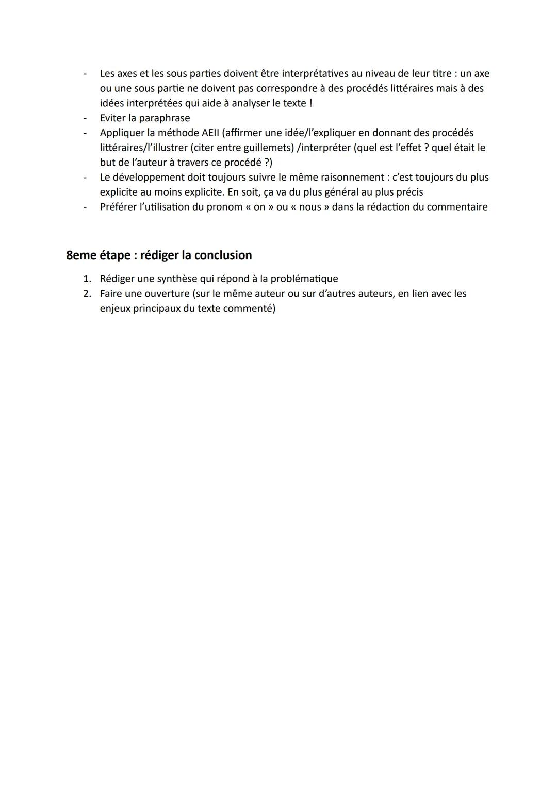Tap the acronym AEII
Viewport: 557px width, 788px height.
point(207,133)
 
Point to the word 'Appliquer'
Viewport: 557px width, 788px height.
point(122,133)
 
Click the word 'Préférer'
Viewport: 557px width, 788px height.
point(118,207)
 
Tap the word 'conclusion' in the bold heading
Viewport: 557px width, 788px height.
point(223,255)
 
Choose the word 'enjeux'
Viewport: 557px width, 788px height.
point(116,309)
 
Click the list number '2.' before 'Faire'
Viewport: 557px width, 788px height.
point(88,294)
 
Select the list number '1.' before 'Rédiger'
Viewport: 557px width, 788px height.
point(88,279)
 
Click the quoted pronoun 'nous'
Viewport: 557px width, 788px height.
point(310,207)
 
